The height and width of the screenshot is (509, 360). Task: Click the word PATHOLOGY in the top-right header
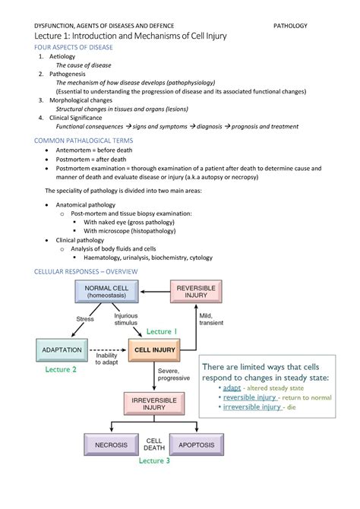click(x=291, y=26)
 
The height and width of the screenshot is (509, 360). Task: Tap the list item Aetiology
click(x=64, y=58)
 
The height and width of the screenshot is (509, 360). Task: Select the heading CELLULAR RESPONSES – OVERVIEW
click(x=86, y=272)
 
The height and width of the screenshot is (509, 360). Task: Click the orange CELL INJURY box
click(x=154, y=350)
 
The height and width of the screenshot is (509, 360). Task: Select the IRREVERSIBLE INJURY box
click(x=154, y=403)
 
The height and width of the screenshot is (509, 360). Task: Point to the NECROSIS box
click(x=112, y=444)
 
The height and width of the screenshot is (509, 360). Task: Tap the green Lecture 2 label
click(x=61, y=370)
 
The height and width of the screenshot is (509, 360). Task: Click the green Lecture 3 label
click(x=154, y=461)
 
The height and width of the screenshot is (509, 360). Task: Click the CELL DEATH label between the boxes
click(x=154, y=444)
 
